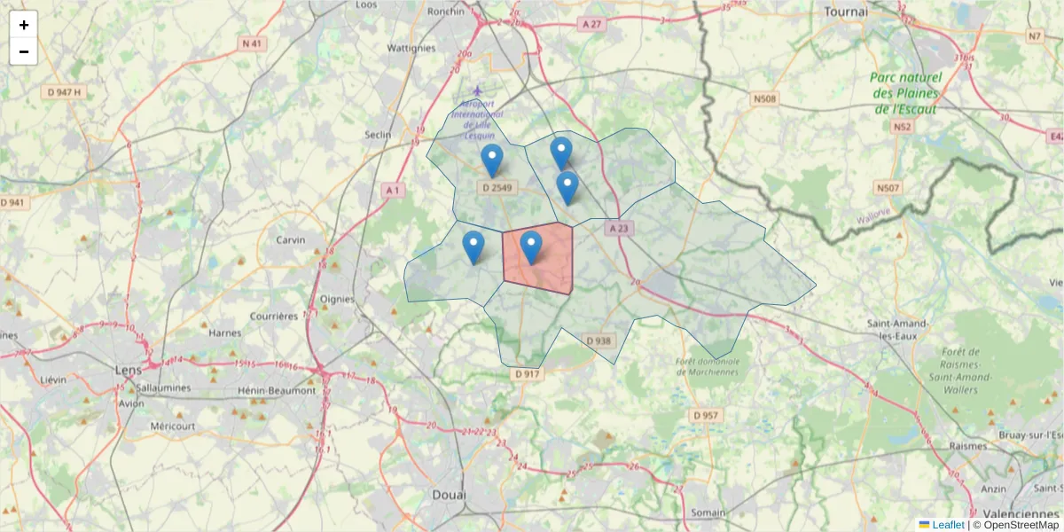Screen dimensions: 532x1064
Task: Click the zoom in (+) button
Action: coord(24,25)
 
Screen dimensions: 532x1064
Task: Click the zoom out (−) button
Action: coord(24,51)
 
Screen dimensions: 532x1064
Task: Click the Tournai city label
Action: coord(845,12)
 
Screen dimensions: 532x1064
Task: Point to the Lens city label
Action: coord(129,369)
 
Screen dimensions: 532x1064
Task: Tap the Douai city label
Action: coord(449,494)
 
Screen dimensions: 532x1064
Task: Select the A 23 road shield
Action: coord(619,228)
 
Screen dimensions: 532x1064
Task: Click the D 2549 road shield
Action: coord(497,188)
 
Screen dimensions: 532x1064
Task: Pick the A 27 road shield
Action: coord(591,24)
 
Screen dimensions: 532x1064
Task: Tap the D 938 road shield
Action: coord(599,340)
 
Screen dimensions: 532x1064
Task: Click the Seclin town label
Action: coord(378,135)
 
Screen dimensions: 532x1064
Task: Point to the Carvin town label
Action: coord(290,240)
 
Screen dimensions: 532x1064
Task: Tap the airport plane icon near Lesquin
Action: coord(479,90)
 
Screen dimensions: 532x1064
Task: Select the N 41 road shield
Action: coord(252,43)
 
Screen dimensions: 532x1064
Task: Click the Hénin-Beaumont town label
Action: coord(277,390)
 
